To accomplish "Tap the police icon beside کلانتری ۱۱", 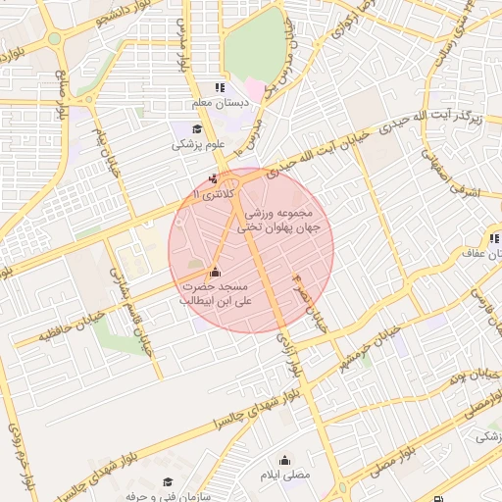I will coord(214,179).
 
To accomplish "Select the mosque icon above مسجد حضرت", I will coord(216,272).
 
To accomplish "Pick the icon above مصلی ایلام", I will coord(285,460).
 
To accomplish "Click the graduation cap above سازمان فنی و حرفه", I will coord(168,481).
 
